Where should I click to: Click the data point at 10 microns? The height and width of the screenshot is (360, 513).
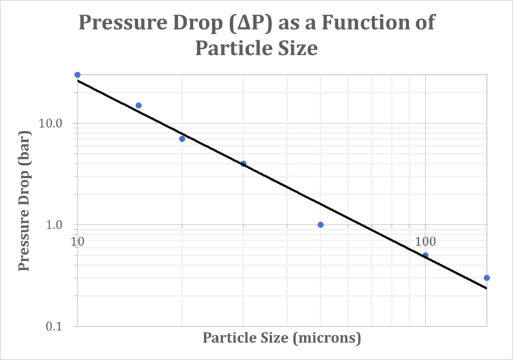pyautogui.click(x=78, y=75)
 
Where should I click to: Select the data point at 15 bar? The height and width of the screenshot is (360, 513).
pyautogui.click(x=139, y=105)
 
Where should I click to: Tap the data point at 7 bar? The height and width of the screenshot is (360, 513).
pyautogui.click(x=182, y=139)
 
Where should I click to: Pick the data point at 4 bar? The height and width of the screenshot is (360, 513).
pyautogui.click(x=244, y=164)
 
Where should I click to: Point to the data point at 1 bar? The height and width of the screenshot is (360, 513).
pyautogui.click(x=321, y=225)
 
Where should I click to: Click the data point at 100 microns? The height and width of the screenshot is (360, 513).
pyautogui.click(x=425, y=255)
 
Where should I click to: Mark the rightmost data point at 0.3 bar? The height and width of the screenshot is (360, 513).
pyautogui.click(x=487, y=278)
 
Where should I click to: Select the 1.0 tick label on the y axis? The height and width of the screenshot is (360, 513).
pyautogui.click(x=56, y=225)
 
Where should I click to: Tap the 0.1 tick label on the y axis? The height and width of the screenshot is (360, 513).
pyautogui.click(x=56, y=327)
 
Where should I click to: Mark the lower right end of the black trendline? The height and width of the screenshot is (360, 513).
pyautogui.click(x=486, y=288)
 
